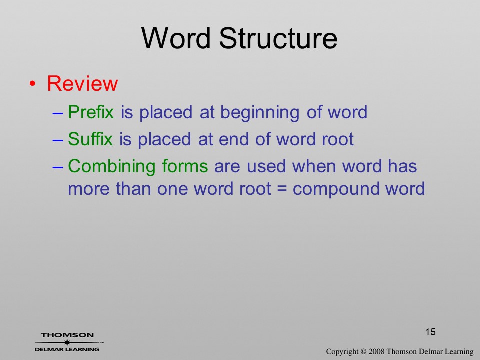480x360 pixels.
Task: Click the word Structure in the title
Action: [278, 38]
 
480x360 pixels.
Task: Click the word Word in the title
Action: [176, 38]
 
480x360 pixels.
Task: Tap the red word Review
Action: [82, 83]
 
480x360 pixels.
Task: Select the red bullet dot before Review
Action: [33, 84]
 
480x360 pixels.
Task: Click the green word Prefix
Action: [91, 112]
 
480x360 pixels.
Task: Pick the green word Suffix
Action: [90, 139]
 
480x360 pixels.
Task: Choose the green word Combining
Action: [111, 167]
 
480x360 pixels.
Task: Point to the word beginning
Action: [260, 113]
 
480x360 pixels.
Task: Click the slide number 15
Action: [430, 332]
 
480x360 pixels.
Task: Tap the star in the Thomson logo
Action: [67, 342]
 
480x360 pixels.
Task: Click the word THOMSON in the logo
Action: [67, 335]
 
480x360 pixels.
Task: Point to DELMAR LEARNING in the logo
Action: [67, 349]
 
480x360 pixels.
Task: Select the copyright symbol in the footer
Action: [363, 352]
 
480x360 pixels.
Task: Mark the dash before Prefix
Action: [58, 113]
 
